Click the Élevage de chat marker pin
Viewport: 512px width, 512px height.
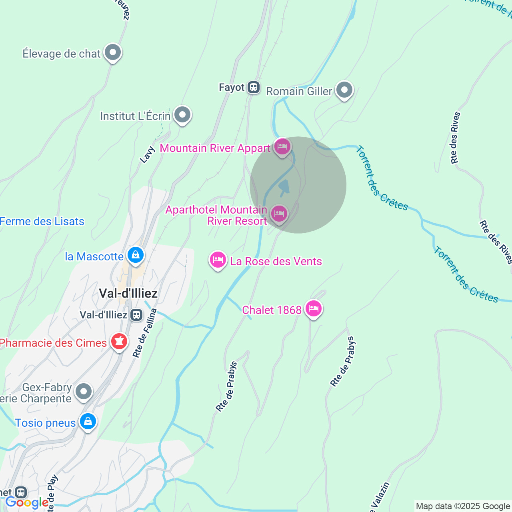tap(113, 52)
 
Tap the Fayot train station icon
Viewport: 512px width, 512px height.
tap(254, 87)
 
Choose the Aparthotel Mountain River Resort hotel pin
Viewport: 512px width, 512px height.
tap(279, 214)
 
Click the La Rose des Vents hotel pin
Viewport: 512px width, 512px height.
tap(218, 260)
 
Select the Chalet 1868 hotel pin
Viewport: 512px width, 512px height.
tap(313, 308)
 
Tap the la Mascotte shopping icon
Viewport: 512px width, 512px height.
tap(136, 255)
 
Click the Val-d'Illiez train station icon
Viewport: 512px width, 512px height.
tap(136, 315)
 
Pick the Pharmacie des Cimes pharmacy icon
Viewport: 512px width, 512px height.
tap(119, 342)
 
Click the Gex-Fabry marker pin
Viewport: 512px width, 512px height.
tap(84, 392)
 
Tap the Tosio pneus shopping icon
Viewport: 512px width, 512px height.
tap(88, 422)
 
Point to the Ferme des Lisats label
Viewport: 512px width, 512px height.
tap(42, 221)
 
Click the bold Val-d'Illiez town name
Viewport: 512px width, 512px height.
tap(128, 293)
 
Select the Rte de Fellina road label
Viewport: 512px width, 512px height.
tap(144, 333)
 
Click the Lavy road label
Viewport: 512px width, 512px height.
tap(147, 155)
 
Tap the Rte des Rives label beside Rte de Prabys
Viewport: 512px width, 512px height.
tap(455, 138)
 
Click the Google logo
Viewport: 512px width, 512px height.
tap(27, 502)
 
